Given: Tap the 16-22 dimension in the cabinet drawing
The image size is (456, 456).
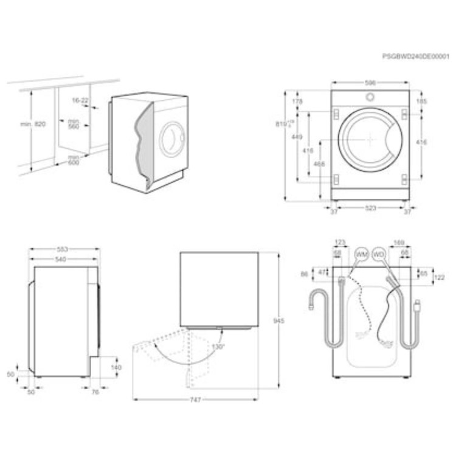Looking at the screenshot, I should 80,101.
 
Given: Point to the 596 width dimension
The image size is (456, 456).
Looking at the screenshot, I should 370,83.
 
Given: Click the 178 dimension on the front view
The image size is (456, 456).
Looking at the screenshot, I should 297,101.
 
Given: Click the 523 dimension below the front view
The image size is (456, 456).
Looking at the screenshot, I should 371,208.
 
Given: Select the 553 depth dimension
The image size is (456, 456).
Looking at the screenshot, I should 63,249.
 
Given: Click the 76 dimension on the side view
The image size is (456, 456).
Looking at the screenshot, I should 95,392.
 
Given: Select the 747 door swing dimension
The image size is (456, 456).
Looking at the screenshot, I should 195,400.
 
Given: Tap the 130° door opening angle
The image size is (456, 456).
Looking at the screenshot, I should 218,347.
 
